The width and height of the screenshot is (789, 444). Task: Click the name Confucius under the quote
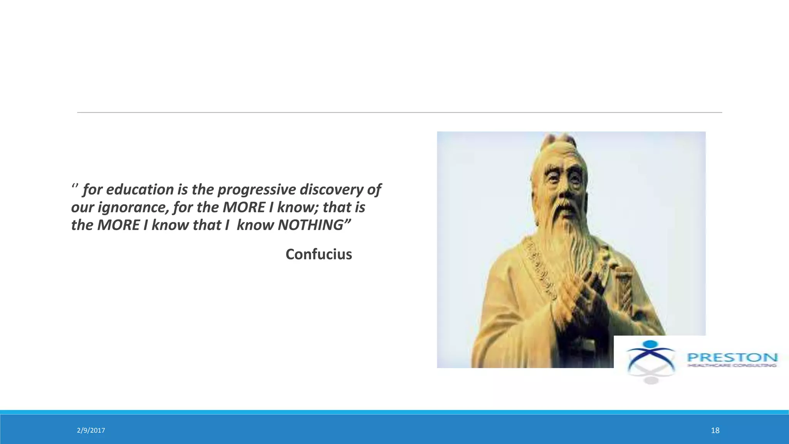(319, 254)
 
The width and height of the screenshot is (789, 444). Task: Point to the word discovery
(331, 190)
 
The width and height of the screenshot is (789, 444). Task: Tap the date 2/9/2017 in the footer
(91, 431)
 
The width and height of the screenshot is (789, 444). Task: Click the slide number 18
(715, 431)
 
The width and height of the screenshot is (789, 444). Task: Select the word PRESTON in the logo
(732, 357)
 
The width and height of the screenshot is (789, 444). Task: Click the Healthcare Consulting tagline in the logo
(732, 365)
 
